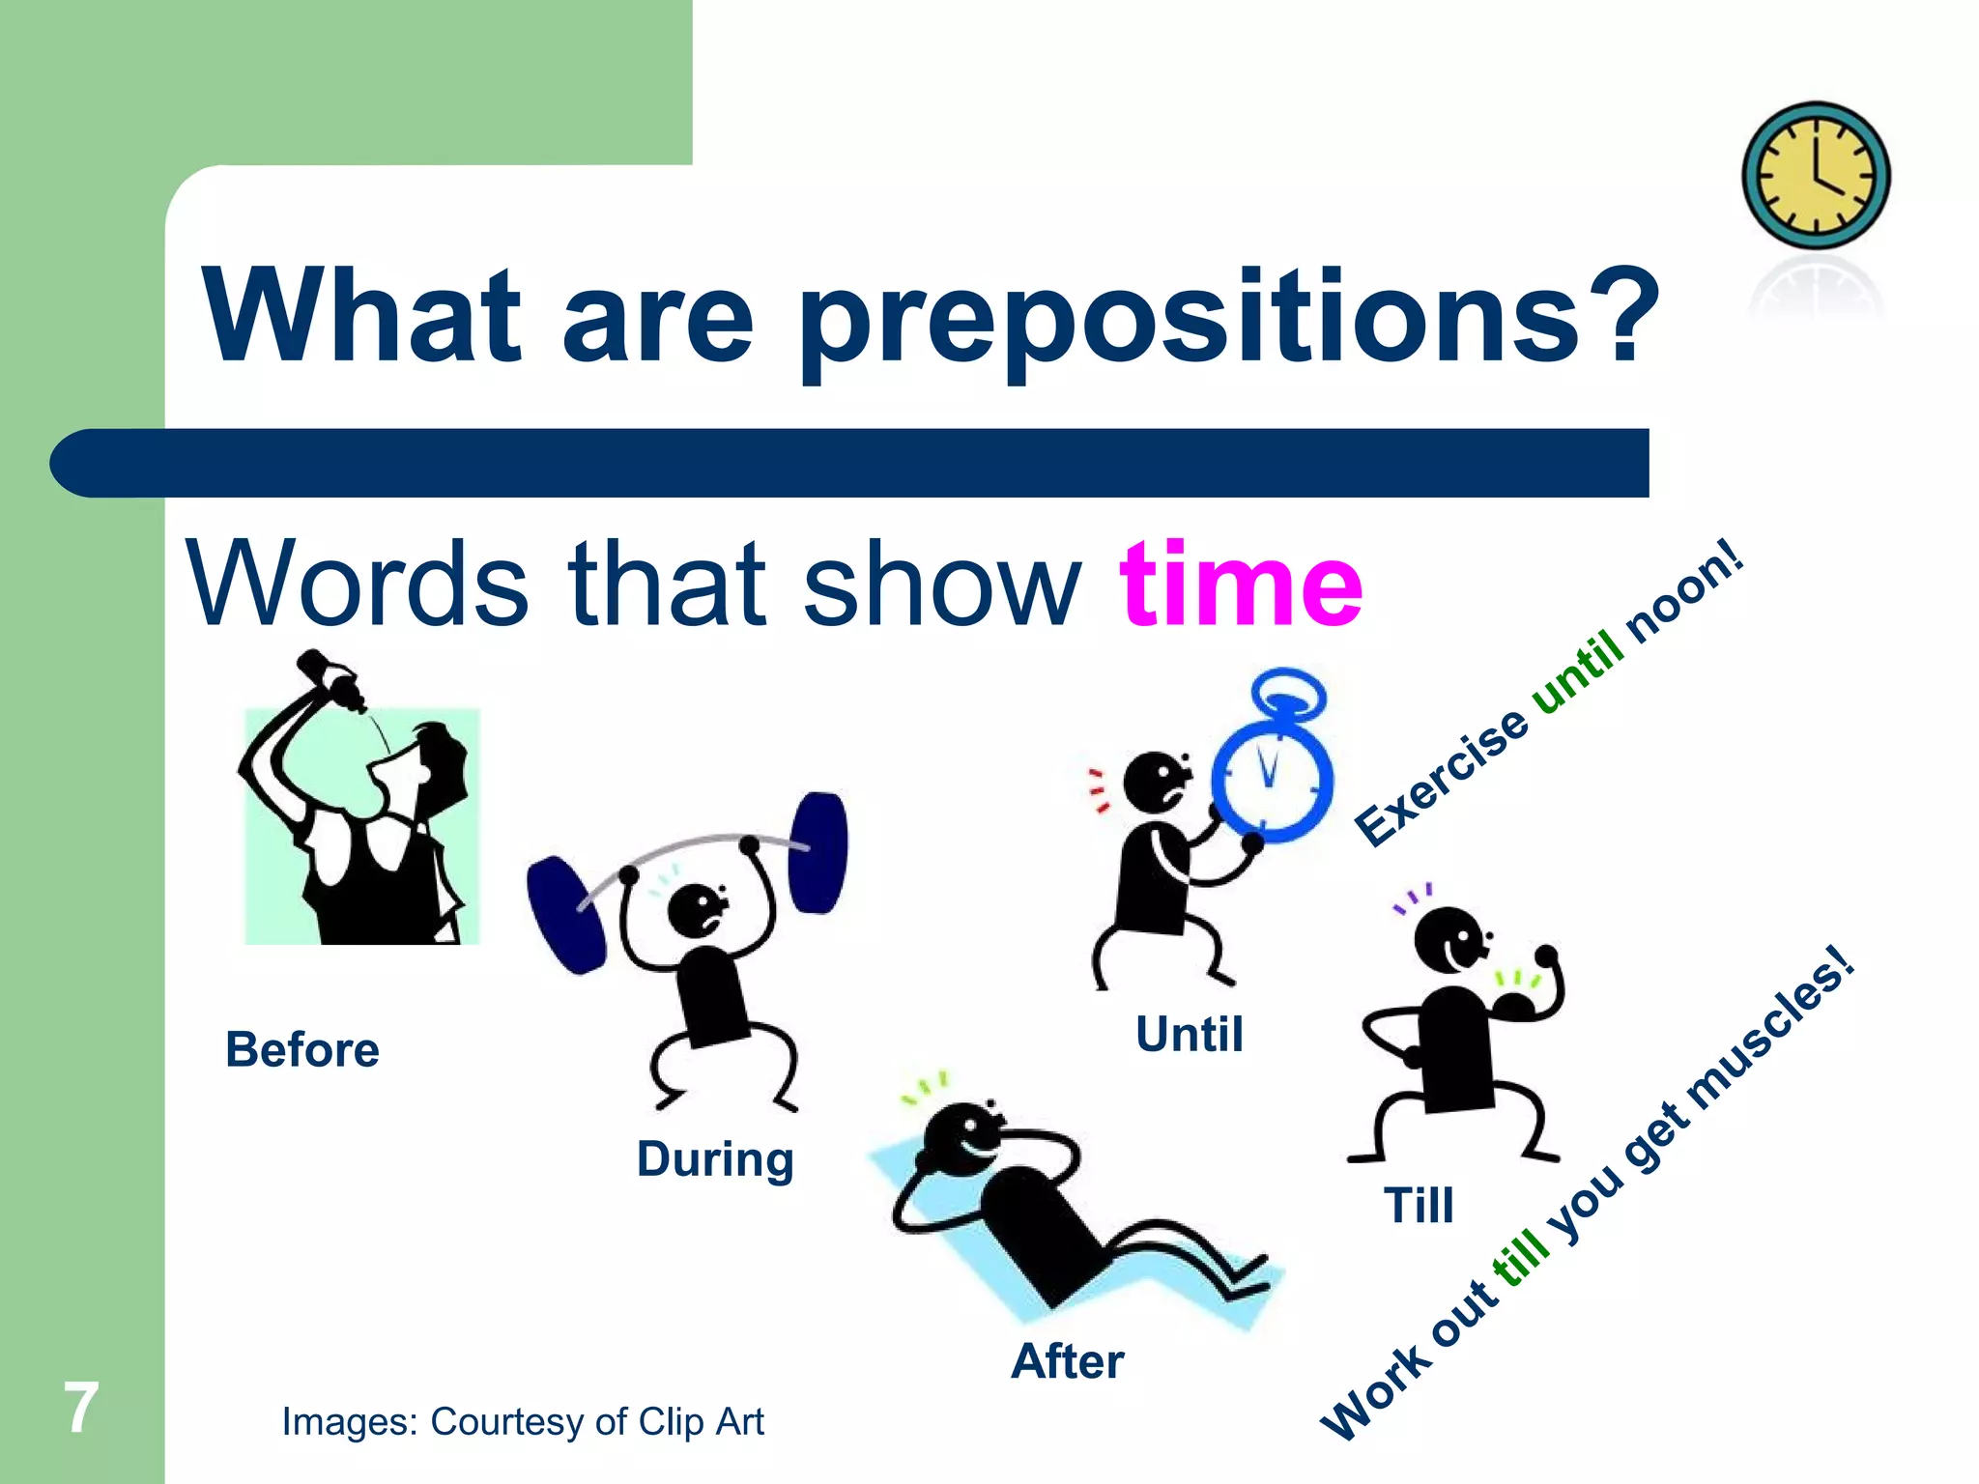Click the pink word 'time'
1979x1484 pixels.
pyautogui.click(x=1241, y=585)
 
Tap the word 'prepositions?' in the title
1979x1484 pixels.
pyautogui.click(x=1227, y=319)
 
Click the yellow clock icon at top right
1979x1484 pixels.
pyautogui.click(x=1816, y=176)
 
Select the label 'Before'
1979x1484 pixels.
pyautogui.click(x=301, y=1050)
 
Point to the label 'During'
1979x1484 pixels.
pyautogui.click(x=715, y=1159)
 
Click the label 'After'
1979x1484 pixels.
pyautogui.click(x=1067, y=1362)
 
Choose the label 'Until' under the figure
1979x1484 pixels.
pyautogui.click(x=1189, y=1035)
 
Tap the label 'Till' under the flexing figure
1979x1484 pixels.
pyautogui.click(x=1418, y=1206)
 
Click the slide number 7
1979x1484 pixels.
pyautogui.click(x=81, y=1409)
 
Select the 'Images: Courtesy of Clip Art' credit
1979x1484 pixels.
pyautogui.click(x=522, y=1422)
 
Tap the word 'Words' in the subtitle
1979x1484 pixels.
pyautogui.click(x=358, y=585)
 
